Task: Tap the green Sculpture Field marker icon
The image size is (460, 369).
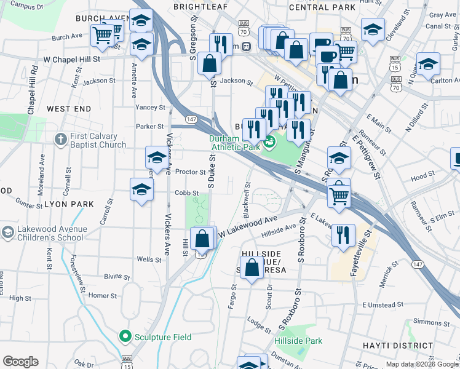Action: pos(125,336)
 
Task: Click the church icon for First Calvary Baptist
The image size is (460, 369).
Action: pos(60,140)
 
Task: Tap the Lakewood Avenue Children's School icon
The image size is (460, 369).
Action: pos(7,233)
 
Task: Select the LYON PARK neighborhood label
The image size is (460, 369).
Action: pos(69,204)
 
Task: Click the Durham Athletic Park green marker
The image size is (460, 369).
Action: pos(269,143)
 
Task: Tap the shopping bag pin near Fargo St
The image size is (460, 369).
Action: pos(252,268)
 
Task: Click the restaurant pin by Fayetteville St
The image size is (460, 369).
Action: pos(343,234)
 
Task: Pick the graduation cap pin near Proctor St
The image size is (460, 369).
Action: pos(156,157)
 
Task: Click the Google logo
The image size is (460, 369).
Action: pos(20,362)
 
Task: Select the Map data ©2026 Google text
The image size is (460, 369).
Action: pos(422,364)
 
